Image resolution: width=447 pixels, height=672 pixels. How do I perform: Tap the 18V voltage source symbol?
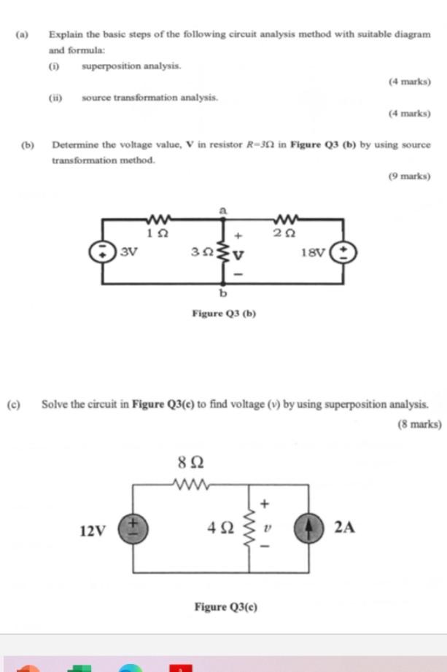point(343,253)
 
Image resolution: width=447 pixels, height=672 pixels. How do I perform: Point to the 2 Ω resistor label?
point(284,233)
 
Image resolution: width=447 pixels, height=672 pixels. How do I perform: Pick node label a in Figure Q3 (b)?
point(223,209)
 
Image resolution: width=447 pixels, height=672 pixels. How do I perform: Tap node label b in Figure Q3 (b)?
point(223,294)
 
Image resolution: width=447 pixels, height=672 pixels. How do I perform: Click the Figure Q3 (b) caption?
point(223,313)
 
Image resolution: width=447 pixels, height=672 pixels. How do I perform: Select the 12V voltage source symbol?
point(133,526)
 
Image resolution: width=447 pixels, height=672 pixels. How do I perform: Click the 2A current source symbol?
point(308,526)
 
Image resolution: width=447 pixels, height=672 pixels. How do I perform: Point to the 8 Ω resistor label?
point(190,462)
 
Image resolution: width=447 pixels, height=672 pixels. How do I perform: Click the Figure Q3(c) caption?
point(225,606)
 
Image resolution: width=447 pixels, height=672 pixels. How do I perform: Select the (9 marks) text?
point(409,176)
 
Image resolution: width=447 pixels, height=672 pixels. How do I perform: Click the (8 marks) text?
point(419,423)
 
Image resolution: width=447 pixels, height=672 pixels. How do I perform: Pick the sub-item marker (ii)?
point(55,97)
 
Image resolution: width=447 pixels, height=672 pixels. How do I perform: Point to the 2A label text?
point(344,527)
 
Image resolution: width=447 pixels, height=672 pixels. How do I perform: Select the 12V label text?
point(93,531)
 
